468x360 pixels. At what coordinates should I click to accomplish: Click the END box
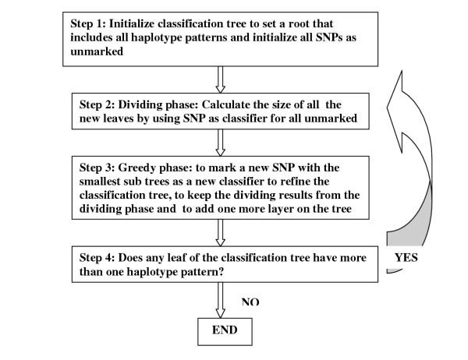pyautogui.click(x=225, y=332)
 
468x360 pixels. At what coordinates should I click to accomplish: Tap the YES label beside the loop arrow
pyautogui.click(x=406, y=257)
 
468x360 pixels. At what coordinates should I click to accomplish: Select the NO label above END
pyautogui.click(x=250, y=302)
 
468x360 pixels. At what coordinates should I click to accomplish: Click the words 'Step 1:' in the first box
pyautogui.click(x=88, y=23)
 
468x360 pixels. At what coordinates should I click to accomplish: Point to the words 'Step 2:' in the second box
pyautogui.click(x=97, y=104)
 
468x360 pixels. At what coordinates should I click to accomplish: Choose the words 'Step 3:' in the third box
pyautogui.click(x=97, y=168)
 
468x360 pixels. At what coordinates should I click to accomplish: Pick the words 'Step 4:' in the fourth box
pyautogui.click(x=97, y=258)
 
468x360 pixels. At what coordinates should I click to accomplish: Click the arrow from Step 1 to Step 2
pyautogui.click(x=220, y=79)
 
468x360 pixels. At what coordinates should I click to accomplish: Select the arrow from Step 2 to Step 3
pyautogui.click(x=220, y=143)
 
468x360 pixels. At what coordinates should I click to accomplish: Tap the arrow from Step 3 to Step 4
pyautogui.click(x=220, y=233)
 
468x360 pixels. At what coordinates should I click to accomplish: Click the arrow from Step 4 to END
pyautogui.click(x=220, y=300)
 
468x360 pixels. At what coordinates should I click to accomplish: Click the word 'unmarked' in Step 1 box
pyautogui.click(x=97, y=51)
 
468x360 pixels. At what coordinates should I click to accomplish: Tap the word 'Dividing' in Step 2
pyautogui.click(x=140, y=105)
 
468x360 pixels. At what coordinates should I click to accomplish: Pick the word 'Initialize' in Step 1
pyautogui.click(x=132, y=23)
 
